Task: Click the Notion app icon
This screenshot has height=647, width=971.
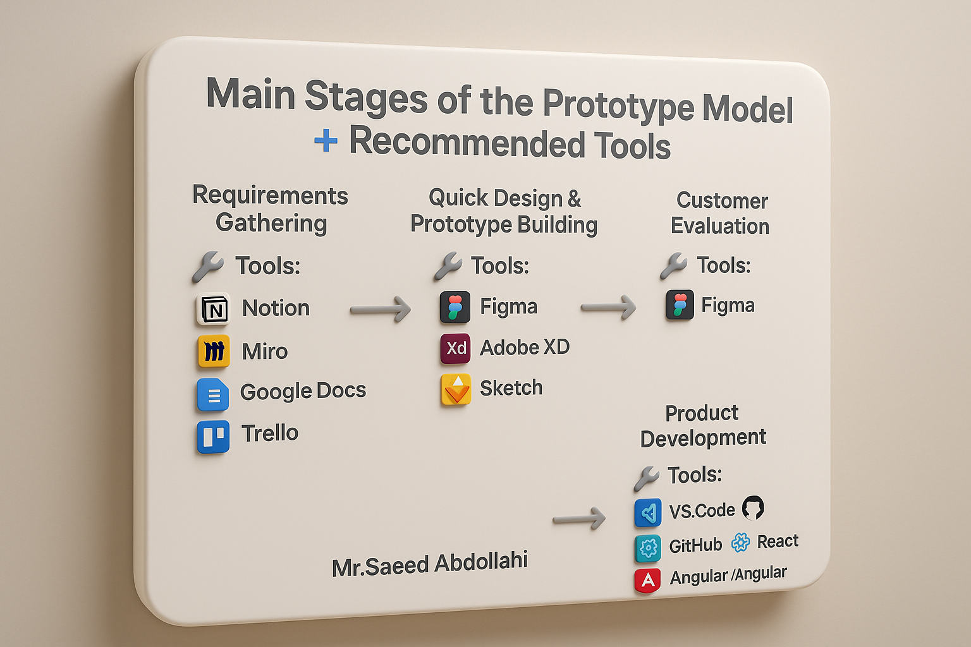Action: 213,310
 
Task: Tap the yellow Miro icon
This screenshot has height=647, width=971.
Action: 214,351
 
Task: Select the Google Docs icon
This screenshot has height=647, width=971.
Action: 213,394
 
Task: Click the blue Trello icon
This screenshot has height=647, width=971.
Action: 213,437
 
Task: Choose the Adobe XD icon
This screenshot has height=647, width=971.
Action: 456,348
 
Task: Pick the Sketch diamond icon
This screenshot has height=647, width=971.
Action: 456,389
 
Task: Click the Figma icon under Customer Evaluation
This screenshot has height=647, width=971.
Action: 680,305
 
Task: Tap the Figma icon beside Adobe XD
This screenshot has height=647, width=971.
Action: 455,307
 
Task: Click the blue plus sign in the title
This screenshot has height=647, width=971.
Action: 326,140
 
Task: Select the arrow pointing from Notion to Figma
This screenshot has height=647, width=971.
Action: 380,310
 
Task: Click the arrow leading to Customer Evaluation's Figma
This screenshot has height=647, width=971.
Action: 608,307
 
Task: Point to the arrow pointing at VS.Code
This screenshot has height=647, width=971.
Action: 579,518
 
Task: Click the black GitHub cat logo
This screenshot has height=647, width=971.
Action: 753,507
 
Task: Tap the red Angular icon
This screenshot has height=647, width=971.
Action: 647,580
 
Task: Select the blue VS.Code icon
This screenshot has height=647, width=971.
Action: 648,512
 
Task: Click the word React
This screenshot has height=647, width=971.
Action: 778,541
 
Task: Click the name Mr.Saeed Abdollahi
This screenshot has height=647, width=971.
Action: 430,564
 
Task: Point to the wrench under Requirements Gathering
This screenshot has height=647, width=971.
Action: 208,267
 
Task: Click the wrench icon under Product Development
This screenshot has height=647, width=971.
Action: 646,478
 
